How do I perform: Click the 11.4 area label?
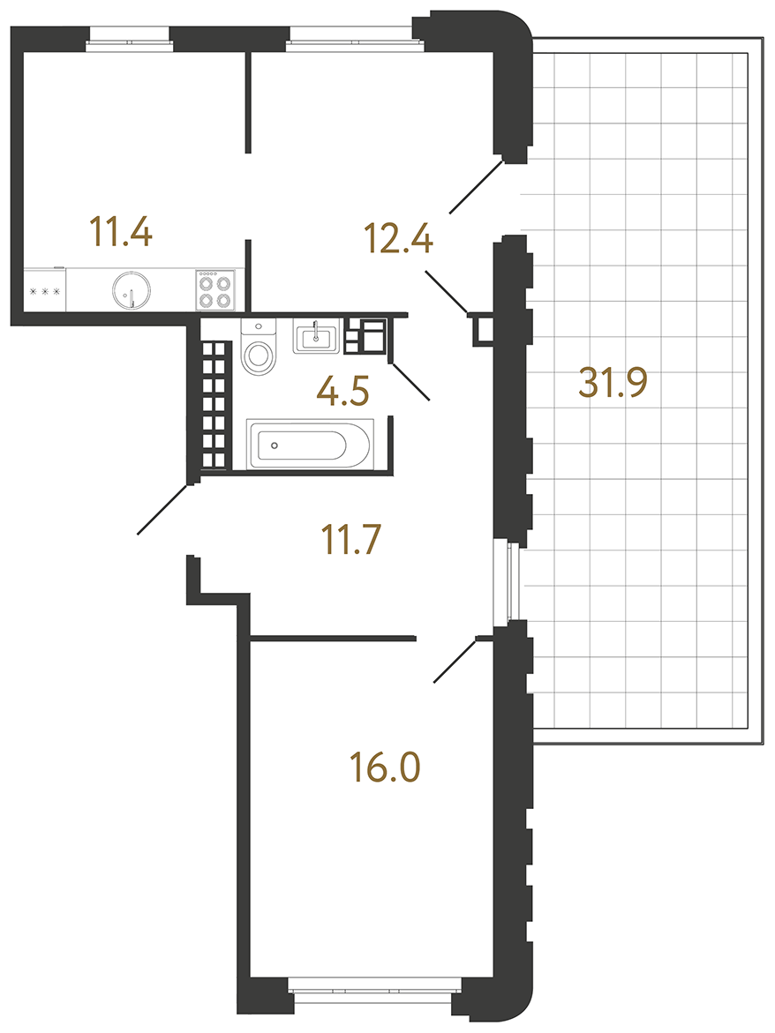[121, 231]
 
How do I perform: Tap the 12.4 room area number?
[399, 238]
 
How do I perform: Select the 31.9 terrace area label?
[613, 382]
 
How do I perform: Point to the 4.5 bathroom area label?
[342, 391]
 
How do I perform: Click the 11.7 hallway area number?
[350, 539]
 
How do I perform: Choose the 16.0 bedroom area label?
[386, 767]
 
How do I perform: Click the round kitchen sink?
[132, 289]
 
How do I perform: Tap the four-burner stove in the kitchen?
[214, 290]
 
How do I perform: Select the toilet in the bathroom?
[259, 347]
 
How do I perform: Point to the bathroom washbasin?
[316, 337]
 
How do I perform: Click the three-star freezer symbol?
[45, 290]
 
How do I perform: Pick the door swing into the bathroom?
[410, 381]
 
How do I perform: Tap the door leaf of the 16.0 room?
[454, 661]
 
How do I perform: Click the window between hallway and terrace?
[508, 580]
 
